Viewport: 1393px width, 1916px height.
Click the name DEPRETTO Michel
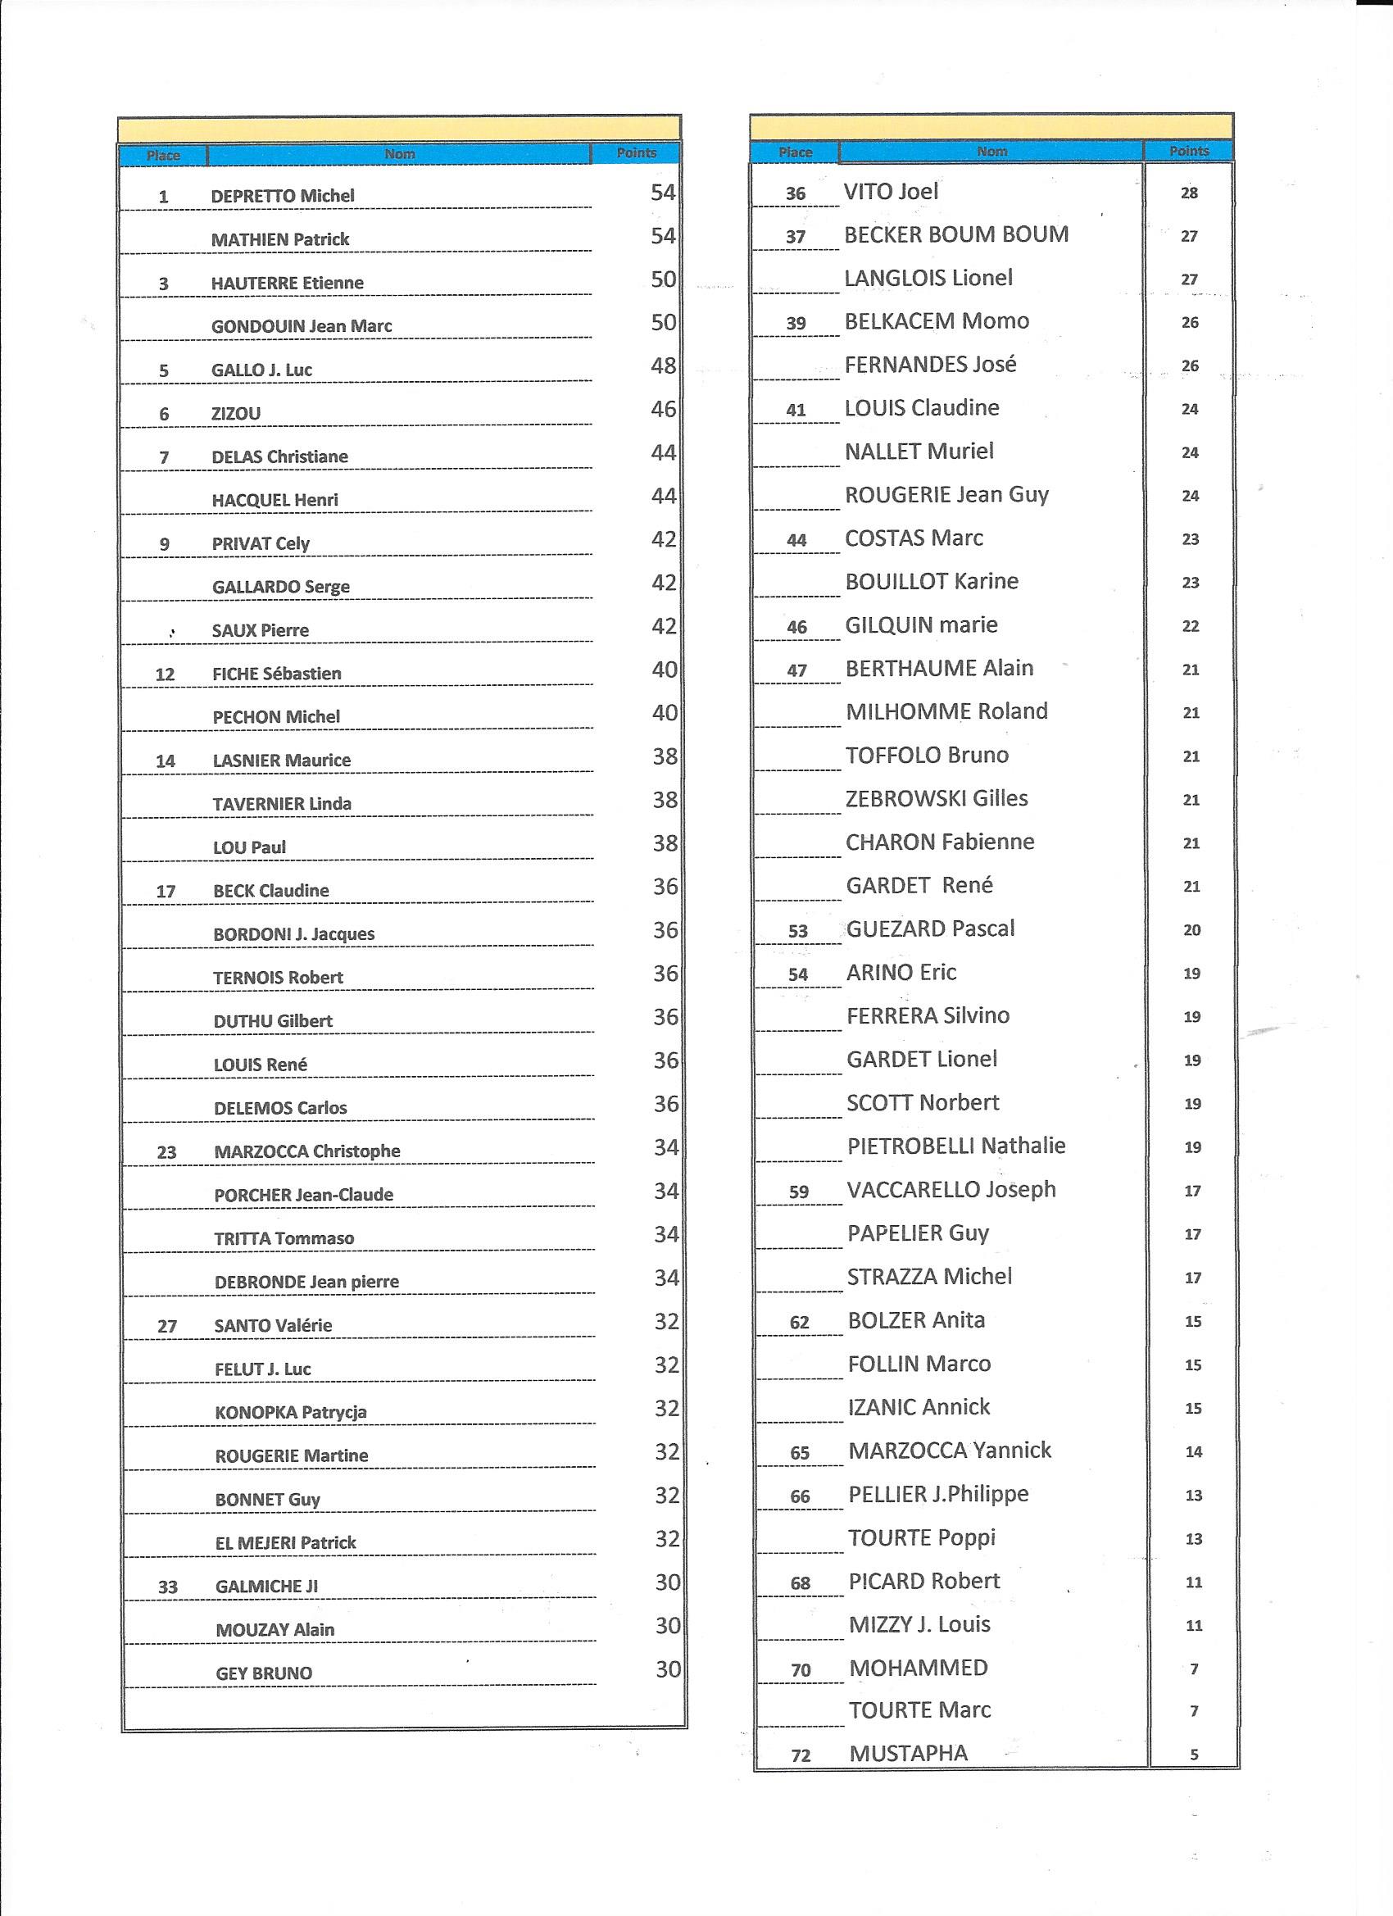point(282,196)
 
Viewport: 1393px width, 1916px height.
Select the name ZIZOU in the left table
point(236,414)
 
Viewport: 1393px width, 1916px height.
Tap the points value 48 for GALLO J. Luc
point(663,365)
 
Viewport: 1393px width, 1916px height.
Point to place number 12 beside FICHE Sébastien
point(165,674)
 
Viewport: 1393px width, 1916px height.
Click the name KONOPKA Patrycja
point(291,1413)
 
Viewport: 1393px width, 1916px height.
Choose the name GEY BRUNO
point(264,1673)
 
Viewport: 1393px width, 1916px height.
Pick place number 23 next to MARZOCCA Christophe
point(166,1152)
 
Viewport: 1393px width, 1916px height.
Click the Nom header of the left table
point(400,154)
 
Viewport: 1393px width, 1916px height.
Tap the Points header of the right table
point(1189,152)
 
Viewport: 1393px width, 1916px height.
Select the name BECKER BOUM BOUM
point(956,235)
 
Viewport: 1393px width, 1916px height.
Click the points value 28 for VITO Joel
point(1189,193)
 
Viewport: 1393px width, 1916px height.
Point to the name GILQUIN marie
point(921,625)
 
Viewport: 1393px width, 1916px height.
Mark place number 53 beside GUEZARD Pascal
point(797,931)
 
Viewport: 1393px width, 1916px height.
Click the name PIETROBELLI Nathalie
point(956,1146)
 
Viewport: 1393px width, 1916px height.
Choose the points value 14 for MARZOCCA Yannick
point(1193,1452)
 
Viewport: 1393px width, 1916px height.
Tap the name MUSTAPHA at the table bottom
point(908,1754)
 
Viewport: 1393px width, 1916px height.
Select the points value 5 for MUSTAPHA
point(1194,1755)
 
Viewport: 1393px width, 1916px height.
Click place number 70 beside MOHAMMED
point(800,1670)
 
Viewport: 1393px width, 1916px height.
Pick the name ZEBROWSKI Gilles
point(937,799)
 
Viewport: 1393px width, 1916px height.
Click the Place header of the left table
point(163,156)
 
